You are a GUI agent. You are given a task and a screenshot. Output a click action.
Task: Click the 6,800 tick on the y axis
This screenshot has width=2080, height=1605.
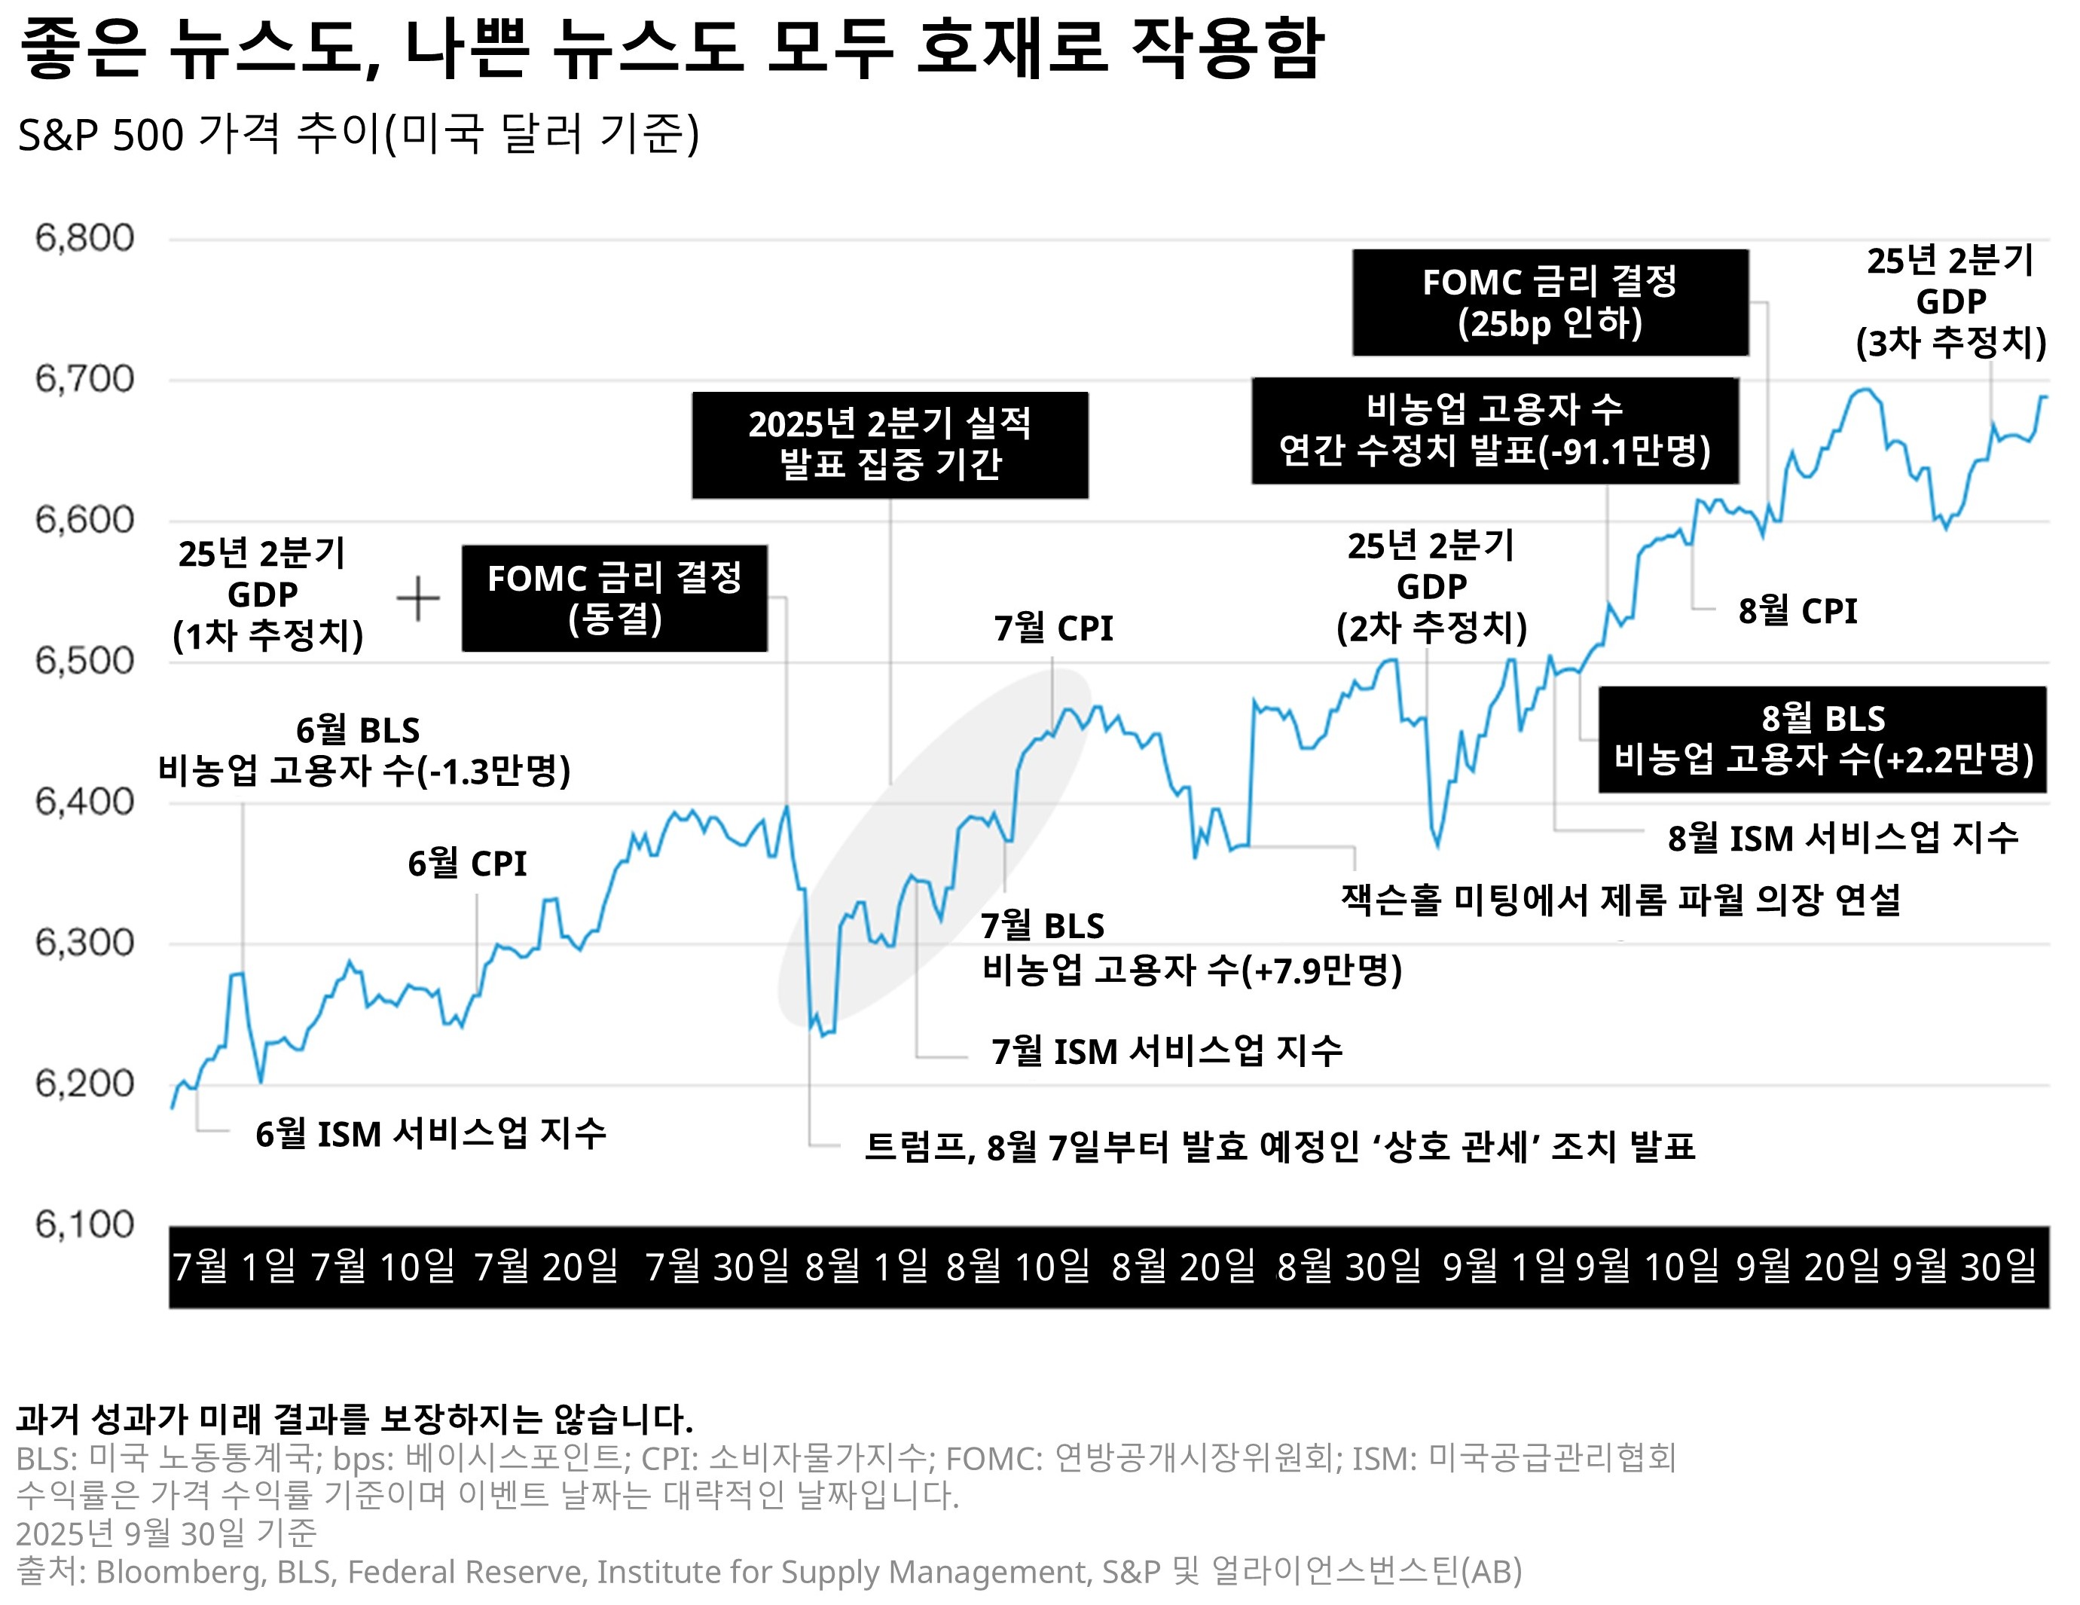point(85,238)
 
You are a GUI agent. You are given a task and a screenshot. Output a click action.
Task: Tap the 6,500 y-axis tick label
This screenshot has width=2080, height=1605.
point(85,660)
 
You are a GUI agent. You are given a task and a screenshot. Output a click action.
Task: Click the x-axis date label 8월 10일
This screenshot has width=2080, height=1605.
point(1018,1266)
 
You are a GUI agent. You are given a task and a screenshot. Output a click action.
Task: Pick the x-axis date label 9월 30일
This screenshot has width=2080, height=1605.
point(1965,1266)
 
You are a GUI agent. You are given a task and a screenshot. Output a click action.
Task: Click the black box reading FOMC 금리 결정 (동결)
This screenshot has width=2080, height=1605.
point(614,598)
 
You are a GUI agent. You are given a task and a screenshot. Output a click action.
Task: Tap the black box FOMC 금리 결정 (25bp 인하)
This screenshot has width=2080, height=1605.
point(1550,302)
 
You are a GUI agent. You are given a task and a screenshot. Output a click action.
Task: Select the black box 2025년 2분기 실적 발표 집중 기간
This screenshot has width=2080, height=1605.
point(890,445)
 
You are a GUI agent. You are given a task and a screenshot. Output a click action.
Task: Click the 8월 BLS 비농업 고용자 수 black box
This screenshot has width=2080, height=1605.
point(1822,739)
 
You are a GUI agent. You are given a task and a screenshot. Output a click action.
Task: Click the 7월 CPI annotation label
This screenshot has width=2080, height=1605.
point(1053,628)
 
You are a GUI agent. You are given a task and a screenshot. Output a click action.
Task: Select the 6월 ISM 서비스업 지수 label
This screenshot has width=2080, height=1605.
point(430,1133)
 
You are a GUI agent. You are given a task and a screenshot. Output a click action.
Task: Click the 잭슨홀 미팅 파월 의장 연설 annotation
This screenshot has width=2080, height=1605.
point(1620,899)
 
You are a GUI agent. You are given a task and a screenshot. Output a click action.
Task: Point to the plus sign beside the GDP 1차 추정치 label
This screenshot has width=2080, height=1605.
point(418,598)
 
